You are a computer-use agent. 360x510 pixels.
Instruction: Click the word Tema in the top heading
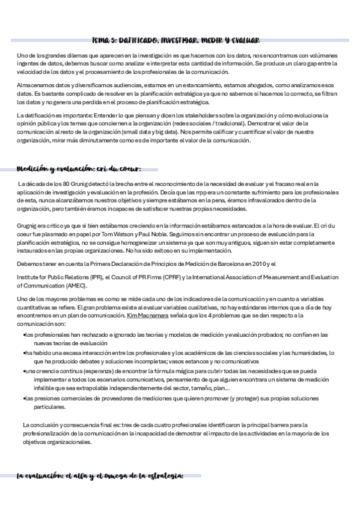coord(102,40)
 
